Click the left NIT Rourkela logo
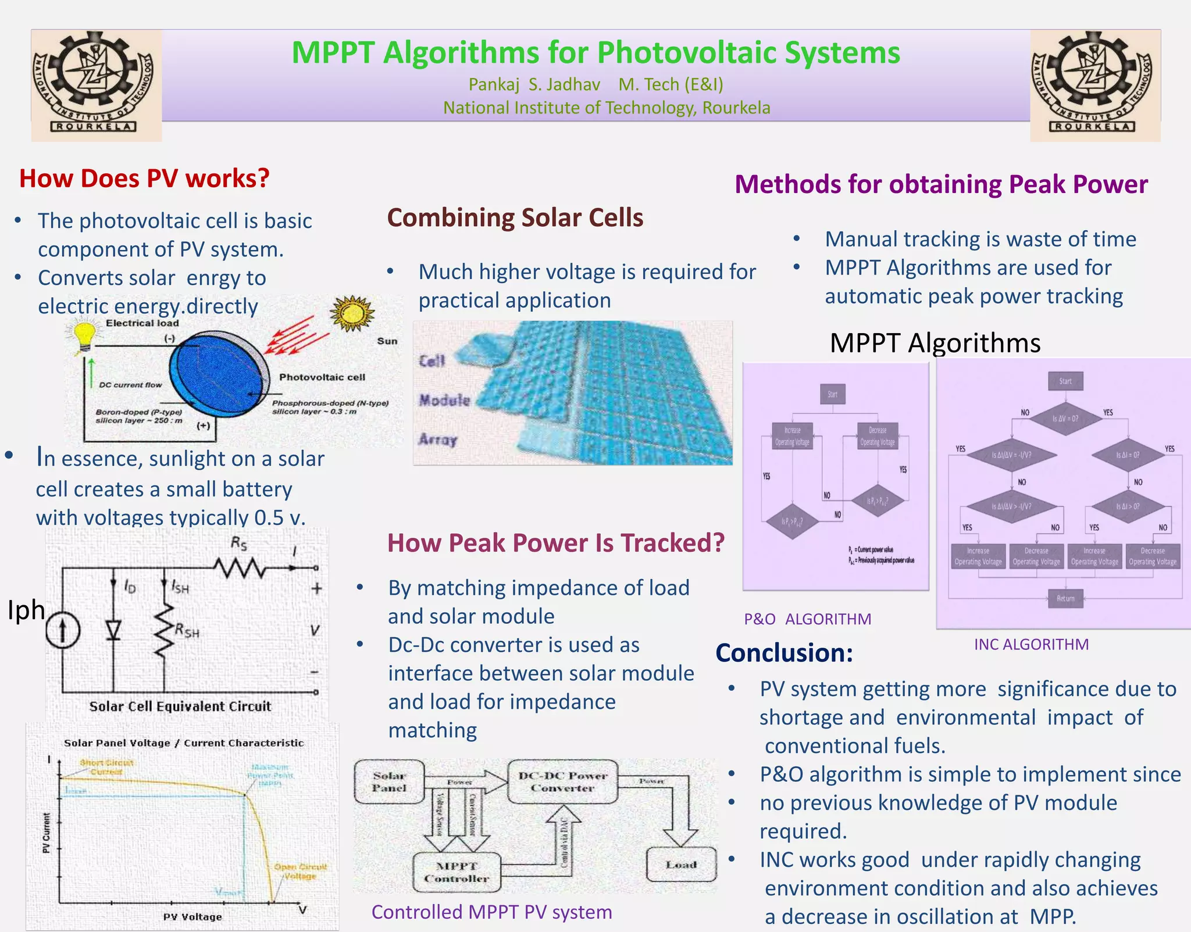[96, 85]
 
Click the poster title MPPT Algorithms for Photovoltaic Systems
[595, 53]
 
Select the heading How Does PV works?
[144, 178]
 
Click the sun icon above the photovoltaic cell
[352, 313]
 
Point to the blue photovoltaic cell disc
[218, 373]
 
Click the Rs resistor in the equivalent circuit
[240, 567]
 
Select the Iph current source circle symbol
[63, 631]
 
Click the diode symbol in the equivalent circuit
[113, 630]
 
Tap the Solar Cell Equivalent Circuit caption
[180, 706]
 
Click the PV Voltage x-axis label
[192, 917]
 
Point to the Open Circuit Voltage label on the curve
[300, 871]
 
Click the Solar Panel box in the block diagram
[389, 782]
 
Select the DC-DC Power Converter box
[562, 782]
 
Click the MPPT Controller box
[457, 872]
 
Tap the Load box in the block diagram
[681, 865]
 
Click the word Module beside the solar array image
[444, 400]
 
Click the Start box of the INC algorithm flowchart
[1065, 381]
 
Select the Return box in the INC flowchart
[1065, 598]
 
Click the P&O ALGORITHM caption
[807, 619]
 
